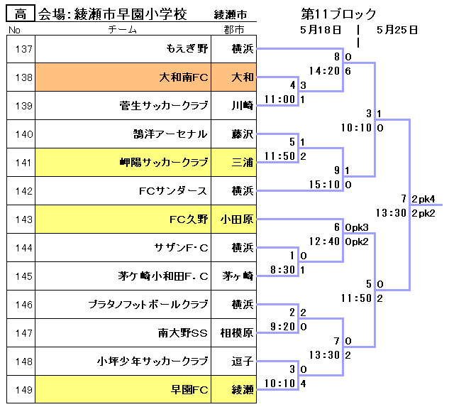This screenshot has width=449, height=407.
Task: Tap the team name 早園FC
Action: pyautogui.click(x=189, y=390)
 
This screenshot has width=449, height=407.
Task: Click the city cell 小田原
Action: pyautogui.click(x=237, y=219)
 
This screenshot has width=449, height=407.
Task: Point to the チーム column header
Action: pyautogui.click(x=121, y=30)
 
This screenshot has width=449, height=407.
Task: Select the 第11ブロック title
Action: pyautogui.click(x=338, y=14)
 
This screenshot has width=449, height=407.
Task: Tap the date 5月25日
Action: pyautogui.click(x=397, y=30)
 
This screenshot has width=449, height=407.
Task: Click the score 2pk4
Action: pyautogui.click(x=423, y=198)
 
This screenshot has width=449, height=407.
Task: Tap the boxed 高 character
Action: pyautogui.click(x=21, y=14)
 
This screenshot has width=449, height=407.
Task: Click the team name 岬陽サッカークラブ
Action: pyautogui.click(x=164, y=163)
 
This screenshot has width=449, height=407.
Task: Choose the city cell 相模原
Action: pyautogui.click(x=237, y=333)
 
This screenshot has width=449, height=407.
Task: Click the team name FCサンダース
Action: pyautogui.click(x=173, y=191)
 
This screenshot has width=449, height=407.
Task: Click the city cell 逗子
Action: pyautogui.click(x=242, y=362)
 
